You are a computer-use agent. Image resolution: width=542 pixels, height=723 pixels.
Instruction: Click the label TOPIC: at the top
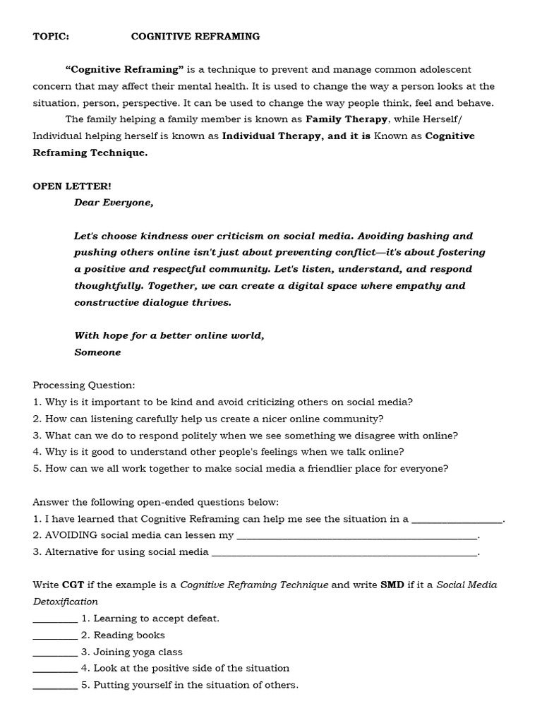click(x=52, y=36)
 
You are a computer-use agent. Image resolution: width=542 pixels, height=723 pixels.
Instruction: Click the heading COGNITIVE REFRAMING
click(x=195, y=36)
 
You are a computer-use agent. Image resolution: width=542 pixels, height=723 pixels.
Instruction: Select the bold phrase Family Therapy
click(x=347, y=119)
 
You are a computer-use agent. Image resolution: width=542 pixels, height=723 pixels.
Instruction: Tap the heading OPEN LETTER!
click(x=72, y=186)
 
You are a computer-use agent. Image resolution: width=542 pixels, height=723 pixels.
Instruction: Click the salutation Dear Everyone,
click(x=114, y=203)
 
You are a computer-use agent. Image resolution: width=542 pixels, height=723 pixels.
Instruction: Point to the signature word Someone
click(x=97, y=352)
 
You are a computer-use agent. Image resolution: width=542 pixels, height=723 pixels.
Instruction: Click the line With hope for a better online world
click(x=169, y=335)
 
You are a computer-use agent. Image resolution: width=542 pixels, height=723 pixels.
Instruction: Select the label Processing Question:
click(x=84, y=386)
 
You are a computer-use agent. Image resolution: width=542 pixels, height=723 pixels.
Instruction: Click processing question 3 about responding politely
click(x=246, y=436)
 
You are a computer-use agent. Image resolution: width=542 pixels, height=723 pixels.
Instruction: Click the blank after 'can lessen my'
click(x=358, y=536)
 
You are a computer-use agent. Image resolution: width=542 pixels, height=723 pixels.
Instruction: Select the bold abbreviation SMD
click(x=393, y=585)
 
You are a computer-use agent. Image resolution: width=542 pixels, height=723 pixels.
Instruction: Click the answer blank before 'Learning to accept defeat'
click(x=55, y=619)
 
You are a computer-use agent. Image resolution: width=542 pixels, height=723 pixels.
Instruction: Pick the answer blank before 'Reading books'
click(x=55, y=635)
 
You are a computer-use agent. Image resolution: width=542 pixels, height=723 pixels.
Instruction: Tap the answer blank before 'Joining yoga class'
click(x=55, y=652)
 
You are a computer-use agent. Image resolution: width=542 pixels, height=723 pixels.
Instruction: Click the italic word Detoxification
click(x=66, y=602)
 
